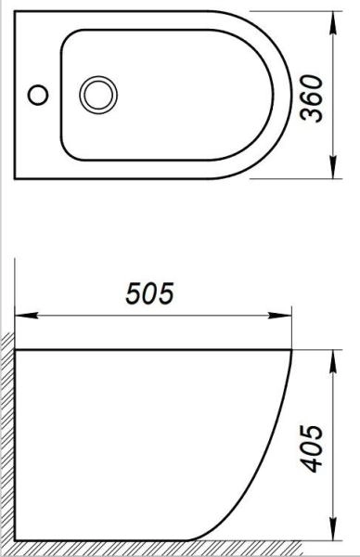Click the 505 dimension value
pos(150,294)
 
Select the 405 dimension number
pos(315,449)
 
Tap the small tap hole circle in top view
pos(37,94)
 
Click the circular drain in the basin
pos(97,94)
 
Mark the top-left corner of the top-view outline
pos(18,11)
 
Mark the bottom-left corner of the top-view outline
pos(18,179)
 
